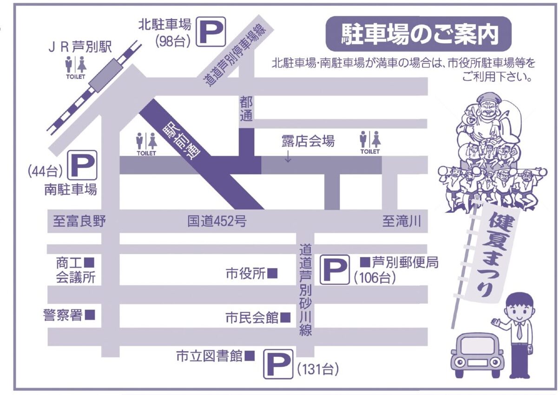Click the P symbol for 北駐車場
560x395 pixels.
coord(211,32)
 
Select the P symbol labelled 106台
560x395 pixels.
coord(335,269)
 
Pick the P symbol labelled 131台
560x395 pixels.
coord(278,364)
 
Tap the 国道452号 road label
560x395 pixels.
coord(217,222)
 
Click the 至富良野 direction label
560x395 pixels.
coord(79,222)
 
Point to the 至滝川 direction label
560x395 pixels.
coord(402,222)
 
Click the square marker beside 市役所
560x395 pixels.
coord(272,273)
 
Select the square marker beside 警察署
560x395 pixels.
coord(90,315)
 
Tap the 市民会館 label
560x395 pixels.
coord(251,318)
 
